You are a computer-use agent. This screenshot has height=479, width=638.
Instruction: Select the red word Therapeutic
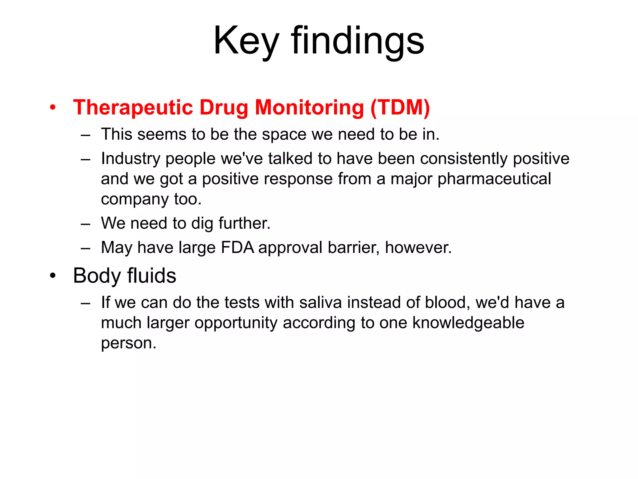pyautogui.click(x=133, y=108)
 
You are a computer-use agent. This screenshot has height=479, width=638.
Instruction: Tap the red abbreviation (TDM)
pyautogui.click(x=400, y=108)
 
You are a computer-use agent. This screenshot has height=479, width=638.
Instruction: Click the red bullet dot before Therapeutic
pyautogui.click(x=53, y=108)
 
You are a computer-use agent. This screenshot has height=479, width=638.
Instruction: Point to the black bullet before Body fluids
pyautogui.click(x=53, y=276)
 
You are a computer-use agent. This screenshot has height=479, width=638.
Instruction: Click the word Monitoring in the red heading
pyautogui.click(x=309, y=108)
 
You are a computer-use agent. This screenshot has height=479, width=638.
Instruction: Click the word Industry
pyautogui.click(x=131, y=158)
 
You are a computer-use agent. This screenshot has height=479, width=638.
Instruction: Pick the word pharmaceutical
pyautogui.click(x=494, y=179)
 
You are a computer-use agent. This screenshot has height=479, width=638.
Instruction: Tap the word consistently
pyautogui.click(x=464, y=158)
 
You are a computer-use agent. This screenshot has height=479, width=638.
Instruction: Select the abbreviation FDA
pyautogui.click(x=237, y=248)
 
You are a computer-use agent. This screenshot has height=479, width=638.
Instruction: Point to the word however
pyautogui.click(x=418, y=248)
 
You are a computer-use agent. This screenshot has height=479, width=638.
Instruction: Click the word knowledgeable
pyautogui.click(x=468, y=323)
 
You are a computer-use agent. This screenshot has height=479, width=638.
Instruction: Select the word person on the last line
pyautogui.click(x=128, y=343)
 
